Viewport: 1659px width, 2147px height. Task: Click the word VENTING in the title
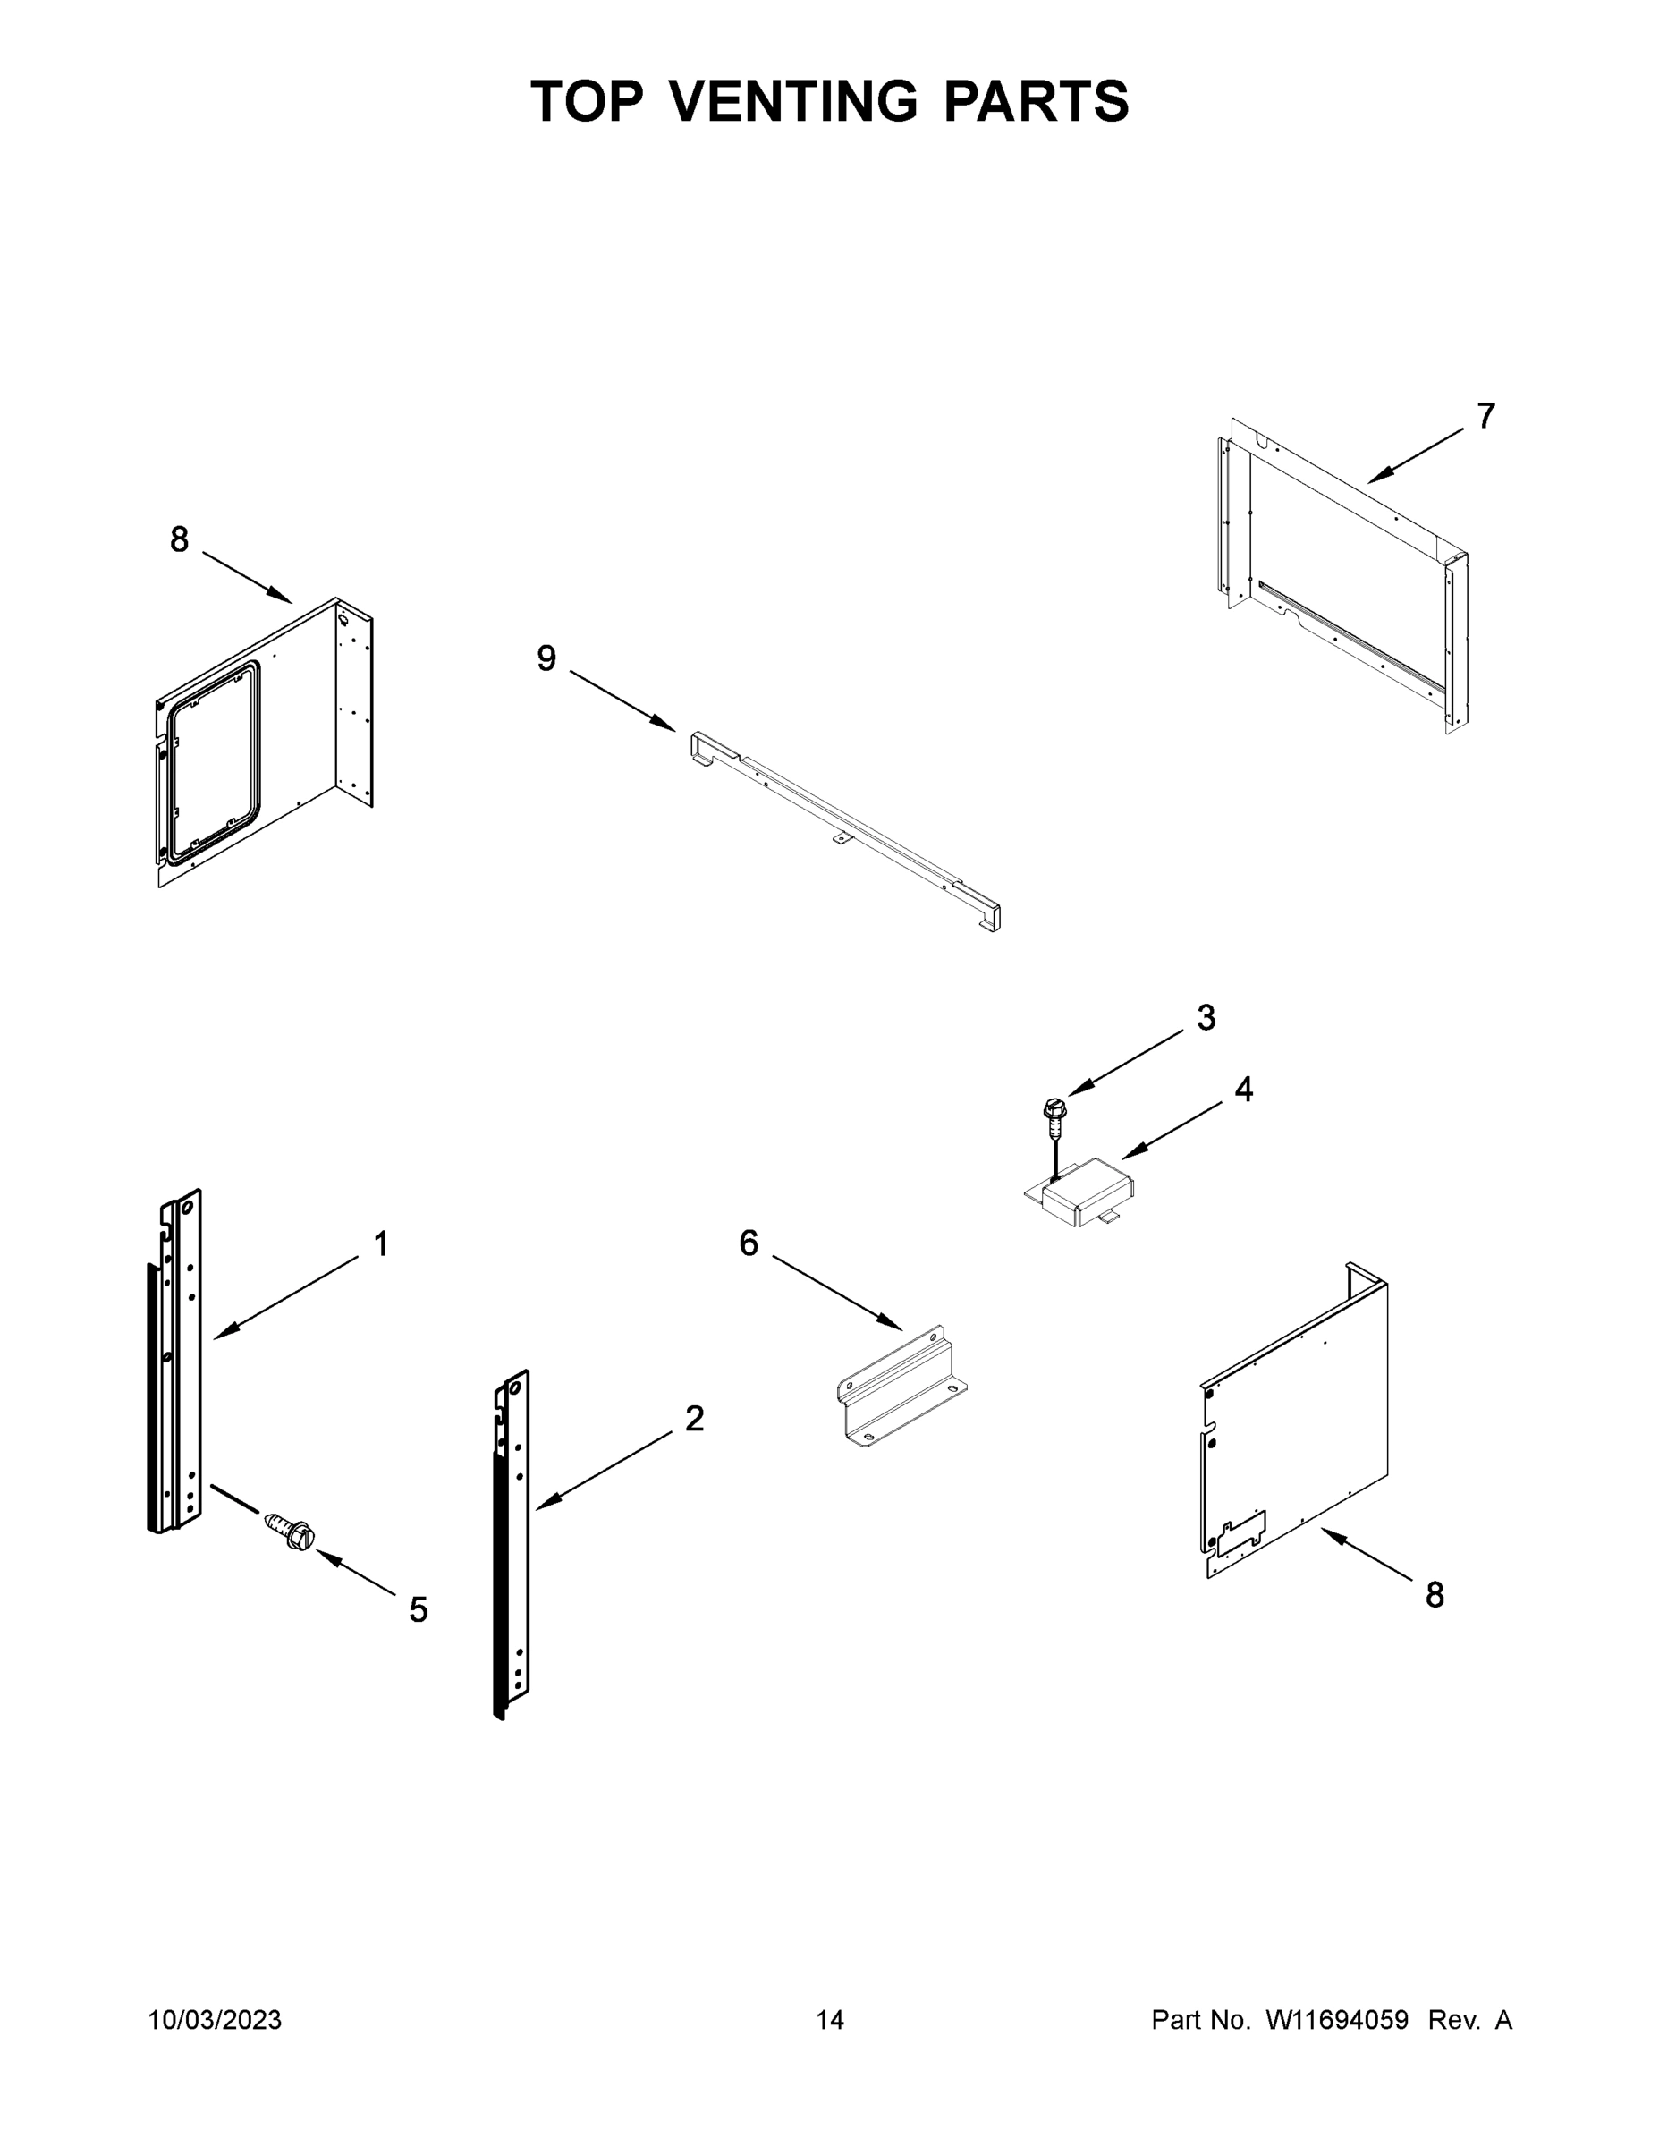coord(794,101)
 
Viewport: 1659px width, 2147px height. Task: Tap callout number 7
coord(1485,417)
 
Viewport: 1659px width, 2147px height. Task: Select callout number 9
coord(546,658)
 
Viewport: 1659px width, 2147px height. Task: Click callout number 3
coord(1206,1018)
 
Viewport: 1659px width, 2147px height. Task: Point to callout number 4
coord(1243,1090)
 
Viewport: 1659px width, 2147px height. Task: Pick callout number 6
coord(749,1243)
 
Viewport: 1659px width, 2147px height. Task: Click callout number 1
coord(381,1244)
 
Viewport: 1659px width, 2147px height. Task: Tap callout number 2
coord(694,1419)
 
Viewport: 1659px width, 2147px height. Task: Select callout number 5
coord(419,1610)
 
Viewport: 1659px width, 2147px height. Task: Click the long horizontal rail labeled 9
coord(845,826)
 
